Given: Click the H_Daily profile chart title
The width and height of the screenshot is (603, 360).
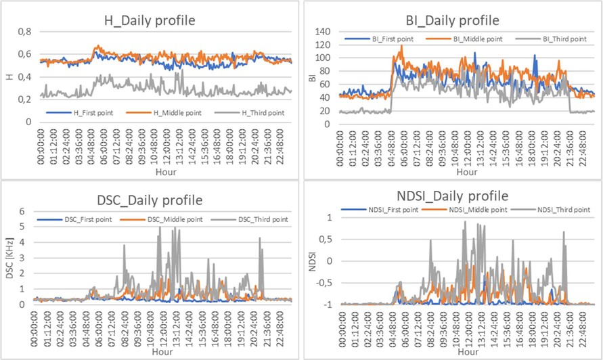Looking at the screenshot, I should pos(150,20).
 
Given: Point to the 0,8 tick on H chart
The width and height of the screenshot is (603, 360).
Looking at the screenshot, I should pos(24,32).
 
